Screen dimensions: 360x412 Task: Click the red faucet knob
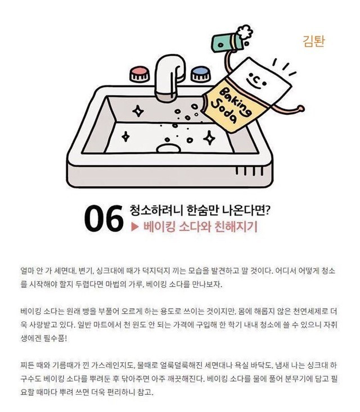tap(140, 74)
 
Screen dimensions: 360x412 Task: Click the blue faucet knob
tap(201, 74)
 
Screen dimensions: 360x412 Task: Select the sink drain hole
tap(169, 148)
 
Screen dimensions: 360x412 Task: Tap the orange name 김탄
tap(314, 41)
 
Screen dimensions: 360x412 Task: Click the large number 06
tap(103, 219)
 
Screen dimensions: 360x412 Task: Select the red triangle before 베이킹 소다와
tap(134, 227)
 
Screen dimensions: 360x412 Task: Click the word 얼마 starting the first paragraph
tap(27, 270)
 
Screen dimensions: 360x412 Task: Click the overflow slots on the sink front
tap(249, 171)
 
